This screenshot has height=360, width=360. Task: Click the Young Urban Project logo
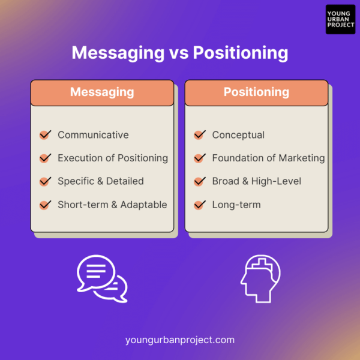340,20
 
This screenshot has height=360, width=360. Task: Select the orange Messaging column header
102,92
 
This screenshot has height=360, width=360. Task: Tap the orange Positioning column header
256,92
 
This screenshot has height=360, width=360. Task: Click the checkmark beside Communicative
45,135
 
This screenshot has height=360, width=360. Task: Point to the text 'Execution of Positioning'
113,158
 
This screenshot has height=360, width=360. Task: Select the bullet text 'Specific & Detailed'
101,181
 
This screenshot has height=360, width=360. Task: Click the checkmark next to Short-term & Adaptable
45,205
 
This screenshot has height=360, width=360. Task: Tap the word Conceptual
238,135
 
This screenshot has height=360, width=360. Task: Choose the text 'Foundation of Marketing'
268,158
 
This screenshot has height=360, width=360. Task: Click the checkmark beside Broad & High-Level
199,181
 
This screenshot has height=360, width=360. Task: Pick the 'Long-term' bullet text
236,205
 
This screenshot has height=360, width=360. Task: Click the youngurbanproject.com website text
180,340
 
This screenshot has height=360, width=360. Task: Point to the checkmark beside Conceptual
199,135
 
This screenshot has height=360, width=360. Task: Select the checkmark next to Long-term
199,205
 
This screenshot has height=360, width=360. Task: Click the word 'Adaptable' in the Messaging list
143,205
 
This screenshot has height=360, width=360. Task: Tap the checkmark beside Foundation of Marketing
199,158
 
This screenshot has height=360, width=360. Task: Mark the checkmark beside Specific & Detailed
45,181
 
